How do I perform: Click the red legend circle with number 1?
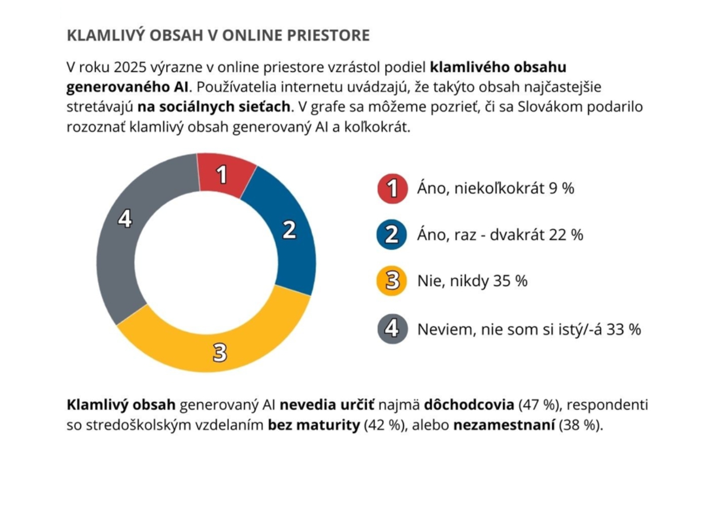pos(392,189)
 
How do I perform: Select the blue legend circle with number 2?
pos(392,235)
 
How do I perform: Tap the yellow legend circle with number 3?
pos(392,281)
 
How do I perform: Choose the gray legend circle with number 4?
pos(392,329)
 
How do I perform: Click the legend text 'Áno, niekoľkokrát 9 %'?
pos(495,189)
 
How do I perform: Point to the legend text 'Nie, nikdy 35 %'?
pos(472,281)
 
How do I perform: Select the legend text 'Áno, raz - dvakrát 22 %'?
pos(500,235)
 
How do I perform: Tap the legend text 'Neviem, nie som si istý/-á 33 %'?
pos(529,329)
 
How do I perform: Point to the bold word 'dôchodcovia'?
pos(469,405)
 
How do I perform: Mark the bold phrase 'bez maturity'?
pos(314,426)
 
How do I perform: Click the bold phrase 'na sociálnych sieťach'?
pos(214,106)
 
